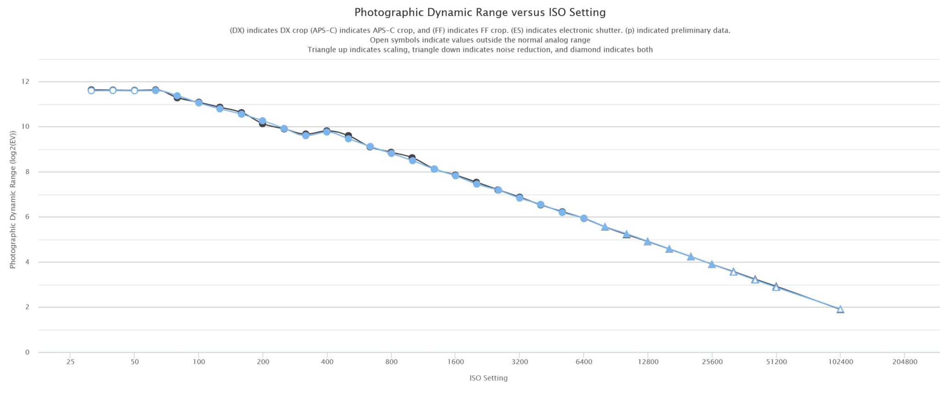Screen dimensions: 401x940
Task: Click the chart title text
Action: point(480,12)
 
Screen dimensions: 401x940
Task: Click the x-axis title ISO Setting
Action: point(488,378)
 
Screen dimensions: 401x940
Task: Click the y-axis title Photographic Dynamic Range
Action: point(13,200)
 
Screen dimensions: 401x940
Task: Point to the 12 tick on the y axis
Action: point(25,82)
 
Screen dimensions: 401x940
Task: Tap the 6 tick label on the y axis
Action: point(27,217)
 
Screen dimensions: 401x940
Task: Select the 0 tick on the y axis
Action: point(27,352)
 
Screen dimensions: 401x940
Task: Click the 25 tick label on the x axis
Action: point(70,362)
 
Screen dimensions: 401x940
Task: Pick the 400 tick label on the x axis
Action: point(327,362)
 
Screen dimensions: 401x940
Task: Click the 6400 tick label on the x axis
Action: point(583,362)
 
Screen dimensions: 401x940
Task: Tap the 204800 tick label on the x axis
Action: point(905,362)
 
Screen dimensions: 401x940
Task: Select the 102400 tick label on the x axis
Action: point(840,362)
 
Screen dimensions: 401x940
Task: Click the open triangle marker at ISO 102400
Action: point(840,309)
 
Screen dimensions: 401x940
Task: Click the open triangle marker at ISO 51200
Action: point(776,287)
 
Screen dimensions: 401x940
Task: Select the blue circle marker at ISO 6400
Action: point(584,218)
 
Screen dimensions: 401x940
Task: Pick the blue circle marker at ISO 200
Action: point(263,121)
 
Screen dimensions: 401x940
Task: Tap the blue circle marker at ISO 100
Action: point(199,103)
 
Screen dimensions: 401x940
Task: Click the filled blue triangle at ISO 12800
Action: point(648,242)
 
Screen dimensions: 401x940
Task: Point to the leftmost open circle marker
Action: point(91,90)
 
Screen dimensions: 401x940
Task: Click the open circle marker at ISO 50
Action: point(134,90)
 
